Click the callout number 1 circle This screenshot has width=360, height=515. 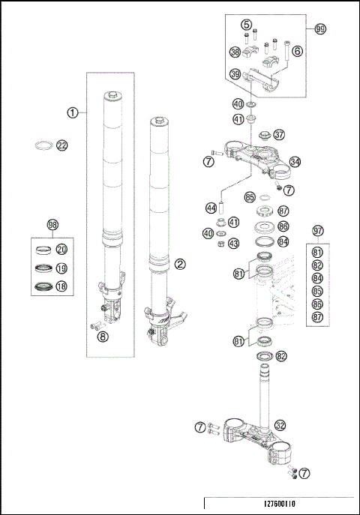pyautogui.click(x=73, y=112)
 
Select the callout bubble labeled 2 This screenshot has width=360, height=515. pyautogui.click(x=180, y=264)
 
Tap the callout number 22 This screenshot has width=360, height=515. pyautogui.click(x=61, y=145)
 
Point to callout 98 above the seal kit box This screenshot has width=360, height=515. pyautogui.click(x=52, y=224)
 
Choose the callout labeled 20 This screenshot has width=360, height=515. pyautogui.click(x=61, y=250)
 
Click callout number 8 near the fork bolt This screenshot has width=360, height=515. pyautogui.click(x=102, y=337)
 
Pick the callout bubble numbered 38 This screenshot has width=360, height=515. pyautogui.click(x=235, y=52)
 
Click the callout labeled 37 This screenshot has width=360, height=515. pyautogui.click(x=280, y=135)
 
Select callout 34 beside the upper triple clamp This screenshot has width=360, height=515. pyautogui.click(x=295, y=161)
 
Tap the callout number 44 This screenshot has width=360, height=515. pyautogui.click(x=211, y=207)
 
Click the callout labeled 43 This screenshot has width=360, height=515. pyautogui.click(x=234, y=244)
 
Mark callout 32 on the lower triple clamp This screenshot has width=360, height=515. pyautogui.click(x=280, y=424)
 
